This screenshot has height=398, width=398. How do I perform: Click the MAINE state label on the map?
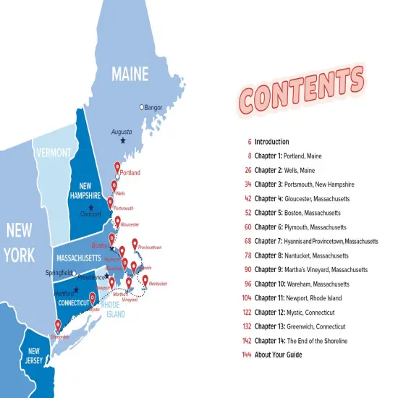pyautogui.click(x=130, y=74)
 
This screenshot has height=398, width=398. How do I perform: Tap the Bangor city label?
pyautogui.click(x=153, y=108)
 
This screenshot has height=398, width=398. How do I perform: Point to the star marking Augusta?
pyautogui.click(x=123, y=140)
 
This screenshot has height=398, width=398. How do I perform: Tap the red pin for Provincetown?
pyautogui.click(x=135, y=245)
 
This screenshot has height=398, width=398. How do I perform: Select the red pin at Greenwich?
pyautogui.click(x=58, y=326)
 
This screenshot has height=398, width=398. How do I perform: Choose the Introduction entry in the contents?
pyautogui.click(x=271, y=142)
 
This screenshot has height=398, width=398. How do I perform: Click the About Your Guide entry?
pyautogui.click(x=278, y=355)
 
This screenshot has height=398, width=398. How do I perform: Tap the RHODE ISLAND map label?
pyautogui.click(x=114, y=309)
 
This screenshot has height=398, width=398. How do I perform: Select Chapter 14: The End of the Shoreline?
pyautogui.click(x=301, y=341)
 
